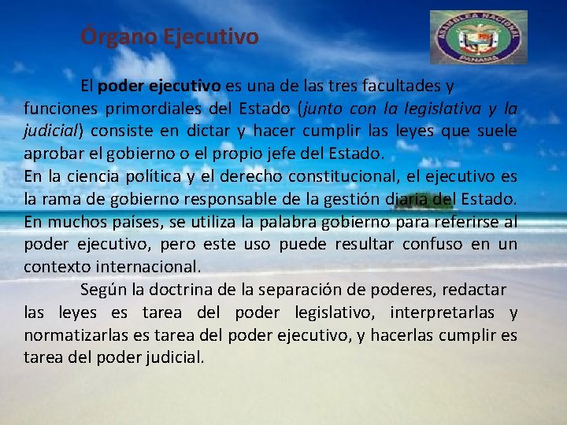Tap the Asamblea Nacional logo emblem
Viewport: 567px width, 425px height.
pyautogui.click(x=479, y=36)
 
